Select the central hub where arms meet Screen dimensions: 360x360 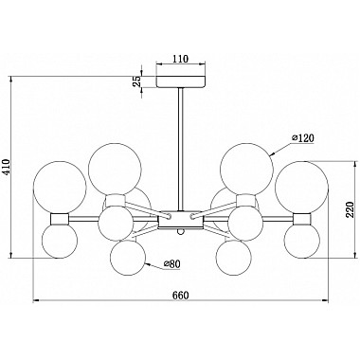(x=179, y=217)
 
